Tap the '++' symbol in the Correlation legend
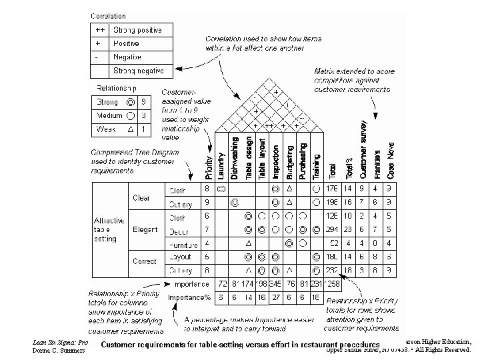[x=99, y=30]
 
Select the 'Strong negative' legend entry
[x=138, y=70]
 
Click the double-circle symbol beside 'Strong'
[x=131, y=103]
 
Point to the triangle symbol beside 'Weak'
[x=131, y=129]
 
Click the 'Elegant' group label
[x=145, y=229]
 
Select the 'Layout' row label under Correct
[x=181, y=257]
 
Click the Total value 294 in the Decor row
[x=333, y=230]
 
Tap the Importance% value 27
[x=275, y=297]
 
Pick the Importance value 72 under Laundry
[x=223, y=285]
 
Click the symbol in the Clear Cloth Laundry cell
[x=221, y=190]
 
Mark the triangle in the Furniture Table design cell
[x=248, y=243]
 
